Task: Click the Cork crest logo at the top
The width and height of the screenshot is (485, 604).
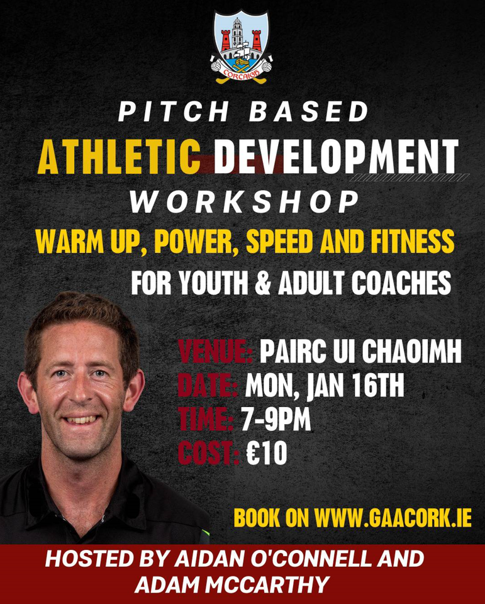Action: (241, 46)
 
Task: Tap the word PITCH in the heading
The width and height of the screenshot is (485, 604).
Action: (174, 112)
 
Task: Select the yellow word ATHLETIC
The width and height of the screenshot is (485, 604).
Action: (119, 157)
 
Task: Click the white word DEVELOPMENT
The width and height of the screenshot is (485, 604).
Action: (337, 157)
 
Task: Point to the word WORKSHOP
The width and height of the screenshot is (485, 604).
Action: (244, 202)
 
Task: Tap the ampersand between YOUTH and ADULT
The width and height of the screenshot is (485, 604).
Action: (263, 283)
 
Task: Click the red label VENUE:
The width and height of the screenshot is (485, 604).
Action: (215, 351)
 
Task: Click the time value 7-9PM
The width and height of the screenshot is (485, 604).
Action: (276, 419)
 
